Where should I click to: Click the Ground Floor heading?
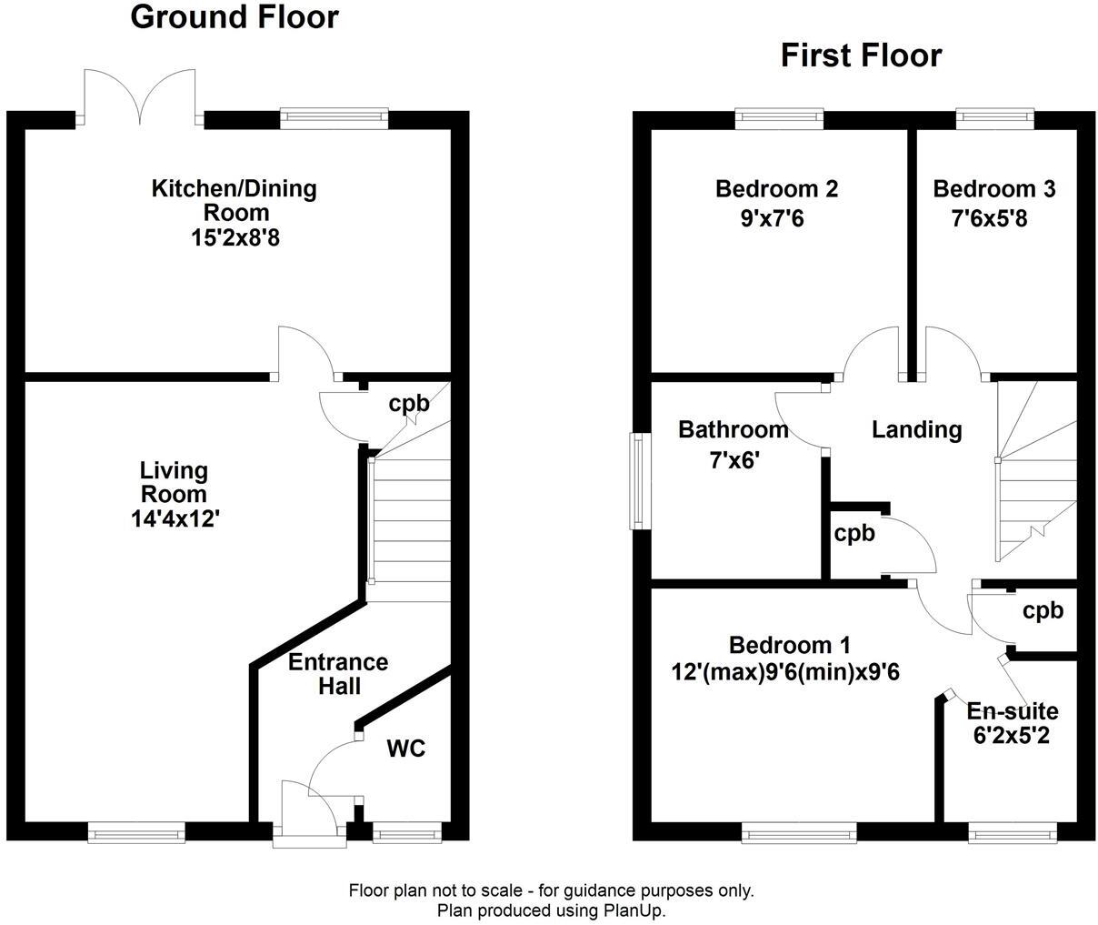tap(235, 17)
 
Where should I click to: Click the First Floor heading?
tap(861, 56)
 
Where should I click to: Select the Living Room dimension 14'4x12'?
tap(175, 519)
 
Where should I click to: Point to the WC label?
tap(406, 749)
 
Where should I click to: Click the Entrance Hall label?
tap(338, 674)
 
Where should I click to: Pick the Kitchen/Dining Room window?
tap(334, 116)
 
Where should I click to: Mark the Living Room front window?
tap(136, 830)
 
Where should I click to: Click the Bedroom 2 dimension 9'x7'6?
tap(776, 218)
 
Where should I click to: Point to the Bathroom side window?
tap(642, 480)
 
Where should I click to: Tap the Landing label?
tap(916, 429)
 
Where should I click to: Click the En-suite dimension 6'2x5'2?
tap(1012, 736)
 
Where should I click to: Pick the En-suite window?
tap(1012, 830)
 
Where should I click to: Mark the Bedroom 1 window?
tap(799, 830)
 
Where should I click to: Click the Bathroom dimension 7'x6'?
tap(734, 460)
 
